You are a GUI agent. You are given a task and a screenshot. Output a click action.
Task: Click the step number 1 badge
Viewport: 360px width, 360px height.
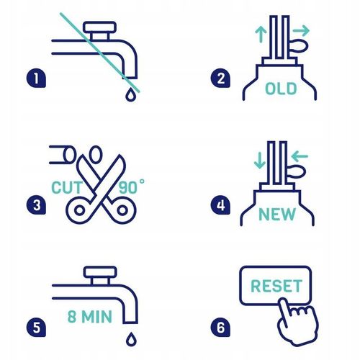point(36,78)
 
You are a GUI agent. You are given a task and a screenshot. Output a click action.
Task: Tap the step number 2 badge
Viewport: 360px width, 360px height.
point(220,78)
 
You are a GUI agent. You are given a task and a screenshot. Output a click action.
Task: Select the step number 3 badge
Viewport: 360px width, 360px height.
point(36,205)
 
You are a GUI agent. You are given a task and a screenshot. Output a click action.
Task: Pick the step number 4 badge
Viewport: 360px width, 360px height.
point(220,205)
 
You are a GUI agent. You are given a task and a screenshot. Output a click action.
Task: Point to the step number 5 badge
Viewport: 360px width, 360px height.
point(36,328)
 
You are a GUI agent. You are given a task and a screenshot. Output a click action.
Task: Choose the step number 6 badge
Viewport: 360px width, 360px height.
point(220,328)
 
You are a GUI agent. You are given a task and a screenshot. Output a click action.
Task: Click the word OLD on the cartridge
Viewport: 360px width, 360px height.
point(281,89)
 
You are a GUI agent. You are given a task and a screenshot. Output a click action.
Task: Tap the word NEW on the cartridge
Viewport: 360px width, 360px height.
point(277,214)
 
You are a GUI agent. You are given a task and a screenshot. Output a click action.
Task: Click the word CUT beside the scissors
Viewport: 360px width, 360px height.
point(67,187)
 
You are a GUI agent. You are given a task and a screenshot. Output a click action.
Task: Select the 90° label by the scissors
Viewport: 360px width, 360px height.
point(132,186)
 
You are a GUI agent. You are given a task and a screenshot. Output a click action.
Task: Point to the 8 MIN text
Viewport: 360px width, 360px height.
point(90,316)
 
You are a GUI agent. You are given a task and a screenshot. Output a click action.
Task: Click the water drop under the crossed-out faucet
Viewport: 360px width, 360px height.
point(130,94)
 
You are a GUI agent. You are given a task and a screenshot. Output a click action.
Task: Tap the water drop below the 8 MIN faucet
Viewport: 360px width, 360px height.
point(131,339)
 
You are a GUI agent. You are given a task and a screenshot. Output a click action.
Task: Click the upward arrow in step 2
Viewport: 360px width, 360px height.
point(261,35)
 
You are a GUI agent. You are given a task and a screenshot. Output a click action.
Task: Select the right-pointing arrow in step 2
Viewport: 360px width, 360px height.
point(301,30)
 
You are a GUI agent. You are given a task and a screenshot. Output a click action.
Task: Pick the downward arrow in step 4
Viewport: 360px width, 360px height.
point(260,160)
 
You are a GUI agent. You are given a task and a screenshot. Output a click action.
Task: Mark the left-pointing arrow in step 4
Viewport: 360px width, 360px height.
point(300,156)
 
